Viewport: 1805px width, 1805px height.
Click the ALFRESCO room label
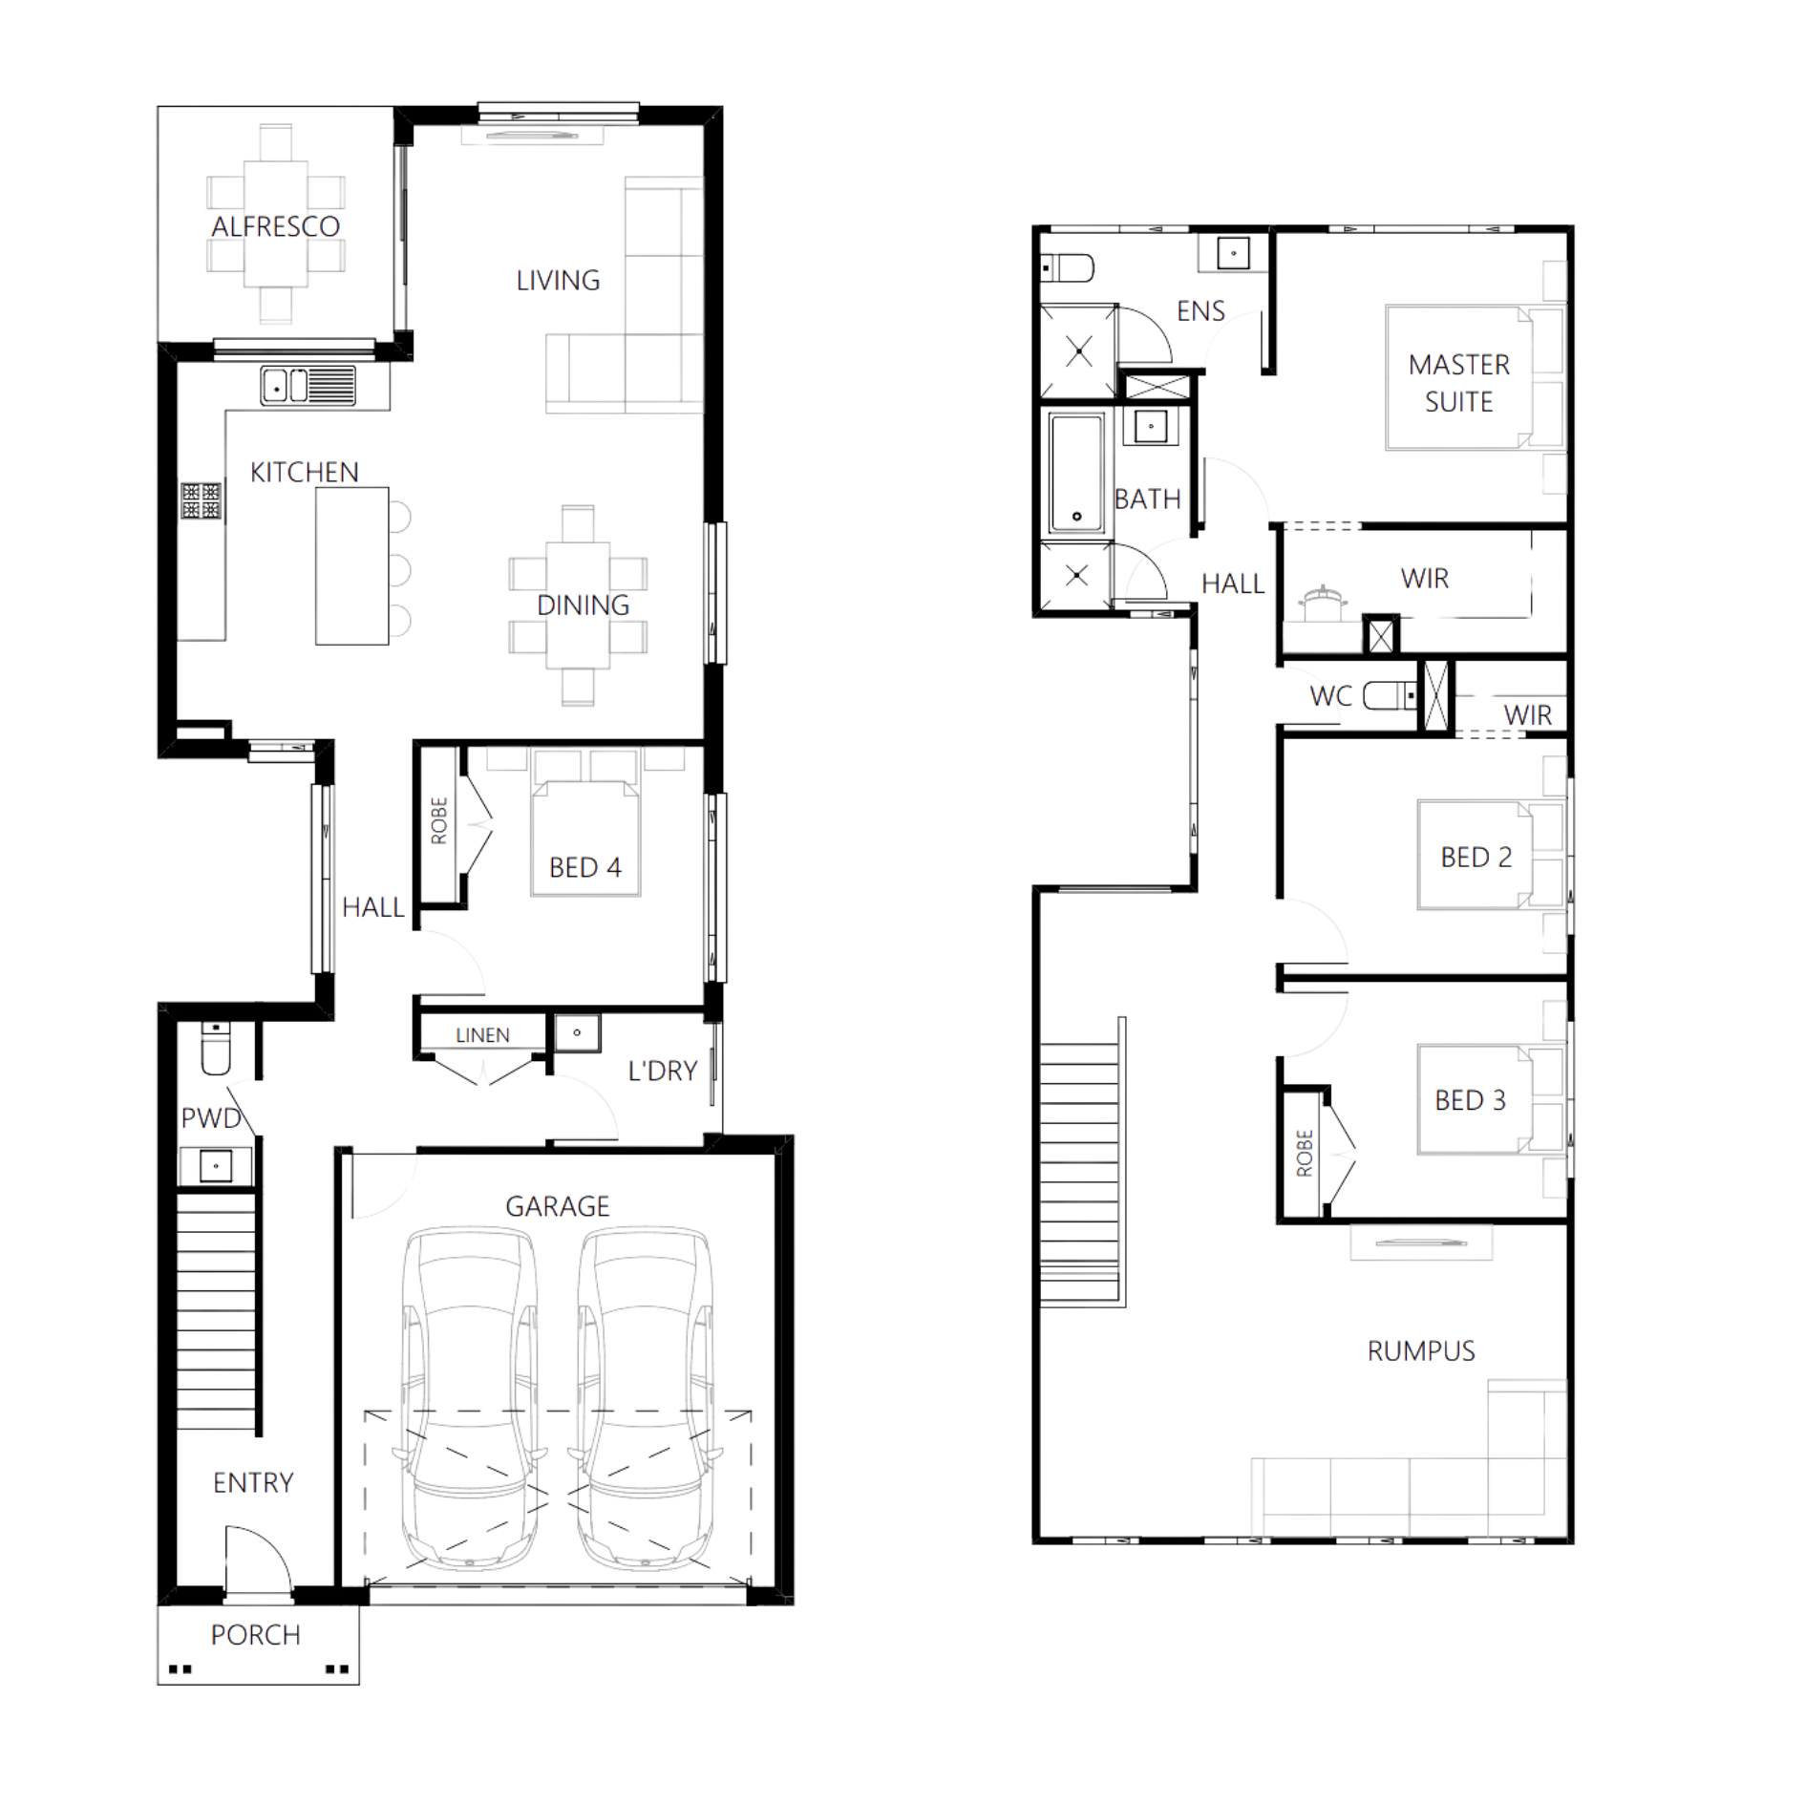[x=275, y=227]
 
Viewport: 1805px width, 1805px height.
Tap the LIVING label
[x=558, y=280]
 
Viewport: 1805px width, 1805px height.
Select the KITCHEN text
[x=304, y=472]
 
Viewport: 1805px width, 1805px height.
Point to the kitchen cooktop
[x=202, y=500]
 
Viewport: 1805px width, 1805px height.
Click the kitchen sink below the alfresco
[x=308, y=386]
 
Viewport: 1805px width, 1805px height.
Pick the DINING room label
[x=584, y=605]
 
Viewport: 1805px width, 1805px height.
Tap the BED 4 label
[x=586, y=867]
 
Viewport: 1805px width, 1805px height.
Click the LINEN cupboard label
[x=483, y=1034]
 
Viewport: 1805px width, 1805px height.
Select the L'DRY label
[x=663, y=1071]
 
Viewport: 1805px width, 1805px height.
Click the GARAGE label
[x=558, y=1206]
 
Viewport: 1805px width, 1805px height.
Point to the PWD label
[x=211, y=1118]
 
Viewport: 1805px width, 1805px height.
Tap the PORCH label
[x=256, y=1635]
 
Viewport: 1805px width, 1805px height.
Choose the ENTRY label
[x=253, y=1482]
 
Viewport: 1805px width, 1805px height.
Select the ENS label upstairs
[x=1200, y=311]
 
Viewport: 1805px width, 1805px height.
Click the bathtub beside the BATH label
[x=1077, y=472]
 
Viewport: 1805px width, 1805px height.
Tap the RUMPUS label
[x=1421, y=1351]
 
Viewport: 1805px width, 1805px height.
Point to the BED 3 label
[x=1471, y=1100]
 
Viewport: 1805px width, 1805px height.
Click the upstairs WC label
[x=1330, y=698]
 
